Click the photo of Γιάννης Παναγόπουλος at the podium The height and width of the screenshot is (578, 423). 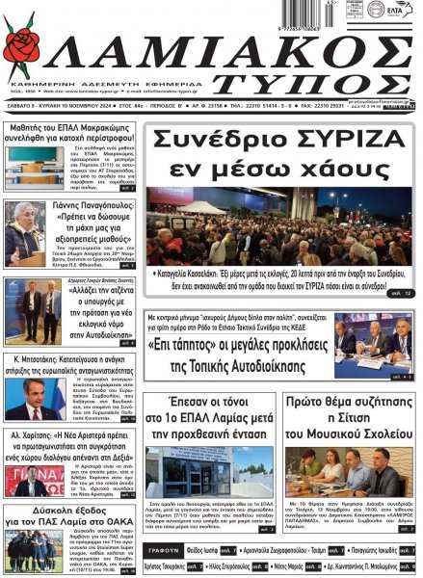pos(24,234)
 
